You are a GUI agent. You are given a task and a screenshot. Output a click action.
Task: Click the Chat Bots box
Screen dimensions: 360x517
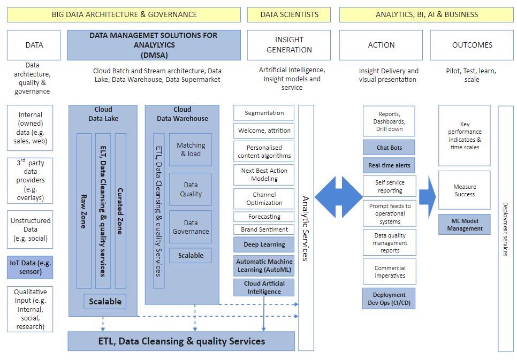pyautogui.click(x=389, y=148)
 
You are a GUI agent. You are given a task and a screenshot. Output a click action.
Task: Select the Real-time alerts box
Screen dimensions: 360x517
pyautogui.click(x=389, y=165)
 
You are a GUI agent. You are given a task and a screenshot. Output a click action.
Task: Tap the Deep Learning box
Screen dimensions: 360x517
pyautogui.click(x=264, y=244)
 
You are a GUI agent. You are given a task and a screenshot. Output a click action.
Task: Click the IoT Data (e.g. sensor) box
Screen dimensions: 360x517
pyautogui.click(x=30, y=267)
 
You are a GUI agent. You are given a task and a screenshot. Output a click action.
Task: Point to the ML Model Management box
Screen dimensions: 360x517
pyautogui.click(x=465, y=224)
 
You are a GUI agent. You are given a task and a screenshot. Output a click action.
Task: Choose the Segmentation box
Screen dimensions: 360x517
pyautogui.click(x=264, y=113)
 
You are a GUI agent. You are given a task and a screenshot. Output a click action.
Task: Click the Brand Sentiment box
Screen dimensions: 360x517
pyautogui.click(x=264, y=229)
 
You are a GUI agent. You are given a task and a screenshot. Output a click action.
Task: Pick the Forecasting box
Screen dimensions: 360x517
pyautogui.click(x=264, y=217)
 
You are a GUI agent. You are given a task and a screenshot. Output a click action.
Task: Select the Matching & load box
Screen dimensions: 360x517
pyautogui.click(x=191, y=149)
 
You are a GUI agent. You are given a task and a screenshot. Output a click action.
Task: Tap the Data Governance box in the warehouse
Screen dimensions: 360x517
pyautogui.click(x=191, y=227)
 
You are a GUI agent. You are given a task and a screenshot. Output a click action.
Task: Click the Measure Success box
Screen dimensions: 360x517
pyautogui.click(x=465, y=190)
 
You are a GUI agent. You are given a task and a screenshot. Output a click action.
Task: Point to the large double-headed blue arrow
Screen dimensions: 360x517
pyautogui.click(x=339, y=197)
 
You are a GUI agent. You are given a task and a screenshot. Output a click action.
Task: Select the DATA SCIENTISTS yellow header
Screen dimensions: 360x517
pyautogui.click(x=289, y=14)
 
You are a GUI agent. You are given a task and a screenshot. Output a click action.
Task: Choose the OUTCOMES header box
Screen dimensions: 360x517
pyautogui.click(x=472, y=45)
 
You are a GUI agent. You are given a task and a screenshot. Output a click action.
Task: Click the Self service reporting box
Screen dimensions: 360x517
pyautogui.click(x=389, y=186)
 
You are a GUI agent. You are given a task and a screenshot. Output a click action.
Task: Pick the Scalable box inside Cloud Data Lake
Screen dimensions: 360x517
pyautogui.click(x=105, y=301)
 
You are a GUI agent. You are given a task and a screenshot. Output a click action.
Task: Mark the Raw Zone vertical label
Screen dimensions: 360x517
pyautogui.click(x=83, y=211)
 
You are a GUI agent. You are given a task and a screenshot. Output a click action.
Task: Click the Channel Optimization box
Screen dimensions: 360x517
pyautogui.click(x=264, y=198)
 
